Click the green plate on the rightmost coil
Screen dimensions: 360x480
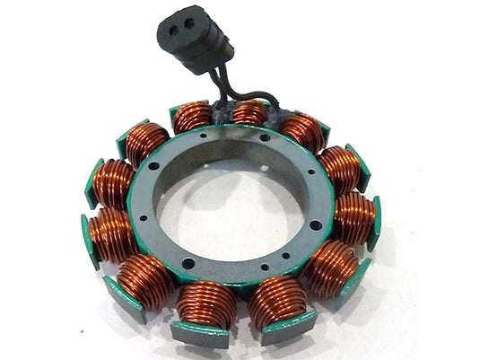point(375,223)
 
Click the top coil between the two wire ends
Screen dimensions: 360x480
point(249,113)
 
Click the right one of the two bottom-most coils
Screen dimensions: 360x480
point(275,302)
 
